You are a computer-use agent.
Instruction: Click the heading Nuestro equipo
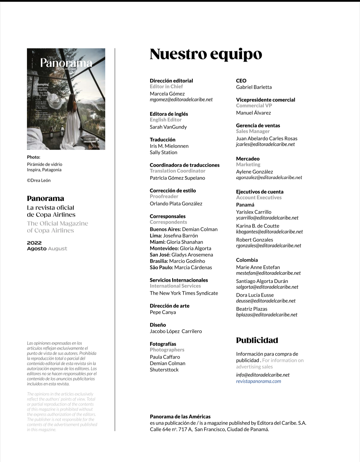pyautogui.click(x=206, y=54)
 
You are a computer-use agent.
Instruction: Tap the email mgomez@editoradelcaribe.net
pyautogui.click(x=181, y=99)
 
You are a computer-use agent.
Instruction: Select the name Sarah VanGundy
pyautogui.click(x=168, y=127)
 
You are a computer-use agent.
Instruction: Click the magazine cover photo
pyautogui.click(x=66, y=99)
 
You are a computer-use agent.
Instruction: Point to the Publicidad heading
pyautogui.click(x=257, y=340)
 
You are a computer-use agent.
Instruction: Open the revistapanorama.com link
pyautogui.click(x=259, y=381)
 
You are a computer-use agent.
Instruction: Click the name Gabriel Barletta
pyautogui.click(x=254, y=87)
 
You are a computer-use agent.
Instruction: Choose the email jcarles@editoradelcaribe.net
pyautogui.click(x=265, y=144)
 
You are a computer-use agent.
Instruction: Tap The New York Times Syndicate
pyautogui.click(x=184, y=293)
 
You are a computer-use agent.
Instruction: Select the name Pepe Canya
pyautogui.click(x=163, y=312)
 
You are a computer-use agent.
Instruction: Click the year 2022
pyautogui.click(x=34, y=243)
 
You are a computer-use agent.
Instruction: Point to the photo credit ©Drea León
pyautogui.click(x=39, y=180)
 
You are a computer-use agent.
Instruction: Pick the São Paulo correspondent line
pyautogui.click(x=181, y=267)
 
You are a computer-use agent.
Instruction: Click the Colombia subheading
pyautogui.click(x=247, y=260)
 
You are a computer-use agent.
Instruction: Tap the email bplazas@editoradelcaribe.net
pyautogui.click(x=267, y=315)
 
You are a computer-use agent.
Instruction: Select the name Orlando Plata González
pyautogui.click(x=176, y=204)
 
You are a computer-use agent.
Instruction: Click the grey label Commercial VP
pyautogui.click(x=254, y=106)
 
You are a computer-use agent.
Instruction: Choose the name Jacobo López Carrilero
pyautogui.click(x=176, y=331)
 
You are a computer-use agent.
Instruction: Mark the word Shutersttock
pyautogui.click(x=164, y=370)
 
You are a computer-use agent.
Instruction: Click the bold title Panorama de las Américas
pyautogui.click(x=180, y=417)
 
